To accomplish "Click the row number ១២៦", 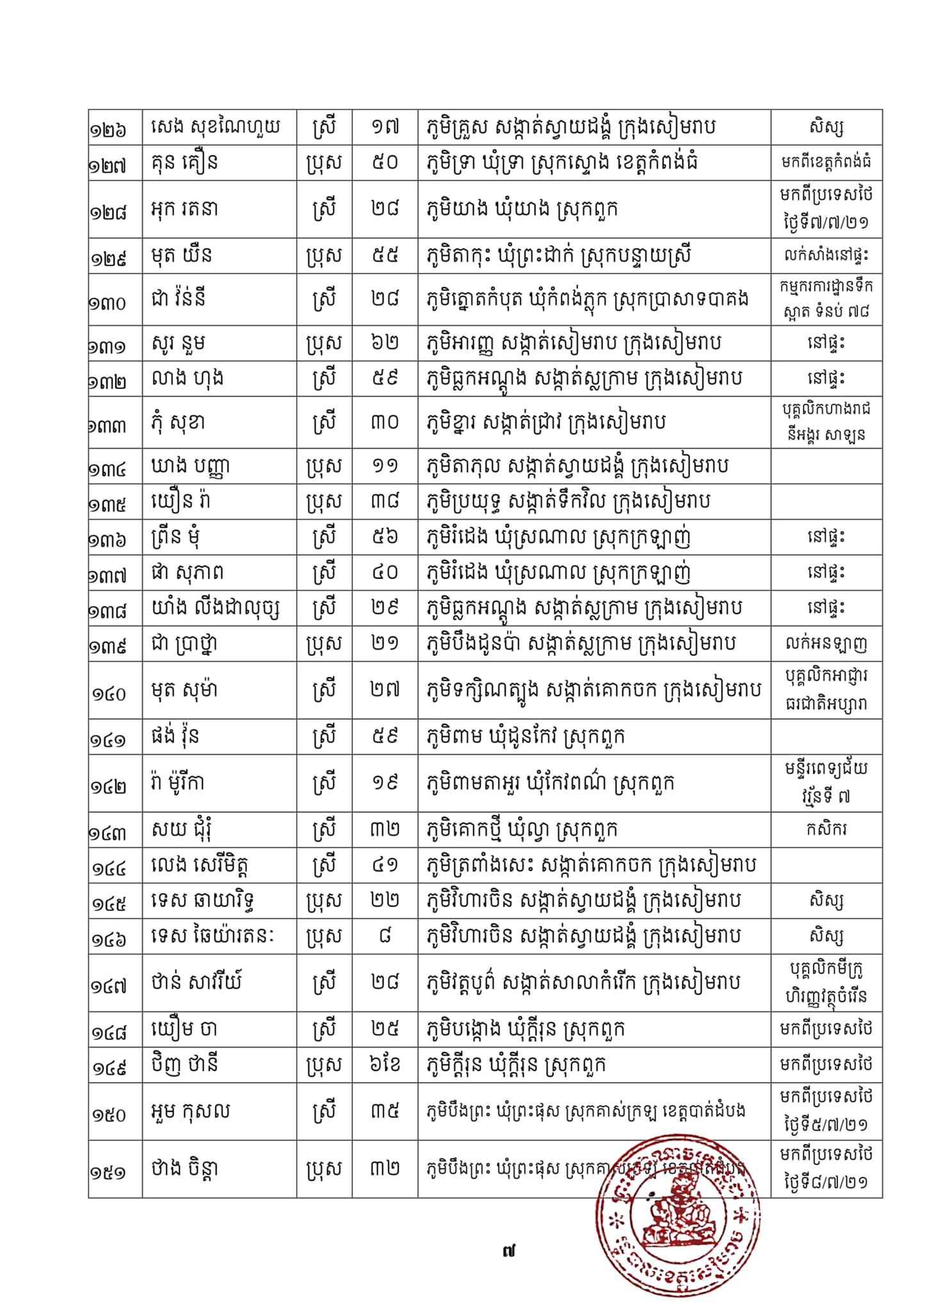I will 108,129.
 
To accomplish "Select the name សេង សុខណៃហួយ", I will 216,127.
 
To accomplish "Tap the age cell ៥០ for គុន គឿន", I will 385,162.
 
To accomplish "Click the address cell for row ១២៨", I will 522,209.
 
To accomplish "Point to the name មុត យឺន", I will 182,256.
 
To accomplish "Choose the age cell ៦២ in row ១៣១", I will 385,343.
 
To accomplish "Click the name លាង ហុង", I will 188,378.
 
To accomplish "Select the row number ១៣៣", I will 108,425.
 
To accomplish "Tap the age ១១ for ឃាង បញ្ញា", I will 385,466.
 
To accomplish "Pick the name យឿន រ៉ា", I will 181,501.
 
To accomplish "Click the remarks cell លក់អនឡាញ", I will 826,644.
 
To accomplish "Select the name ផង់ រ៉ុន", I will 175,737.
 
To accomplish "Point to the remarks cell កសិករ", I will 826,830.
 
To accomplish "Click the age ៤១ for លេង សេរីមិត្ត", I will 385,865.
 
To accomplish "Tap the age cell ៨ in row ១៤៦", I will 385,936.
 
